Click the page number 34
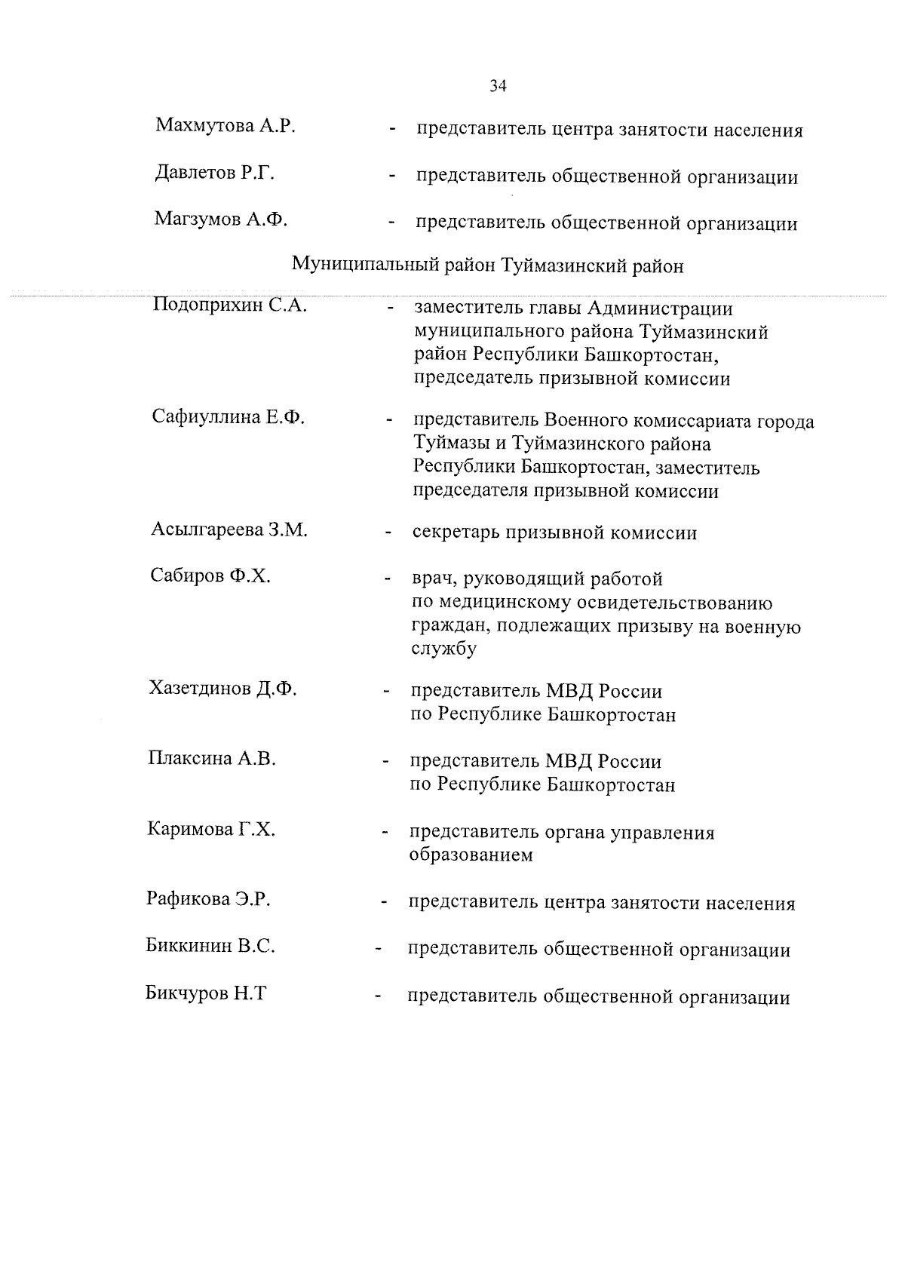498,86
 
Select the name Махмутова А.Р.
225,125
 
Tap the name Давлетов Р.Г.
214,173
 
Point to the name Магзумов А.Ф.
221,219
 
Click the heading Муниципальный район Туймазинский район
488,266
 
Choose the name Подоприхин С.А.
229,305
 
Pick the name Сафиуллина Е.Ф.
229,416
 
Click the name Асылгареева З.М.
229,529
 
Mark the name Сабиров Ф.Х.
210,576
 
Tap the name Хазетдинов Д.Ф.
223,688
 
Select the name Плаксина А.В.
212,759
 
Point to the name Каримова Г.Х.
211,830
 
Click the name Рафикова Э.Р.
208,899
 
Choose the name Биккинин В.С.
210,946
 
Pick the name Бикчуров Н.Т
206,993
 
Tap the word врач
432,580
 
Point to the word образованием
471,855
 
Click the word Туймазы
449,444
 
